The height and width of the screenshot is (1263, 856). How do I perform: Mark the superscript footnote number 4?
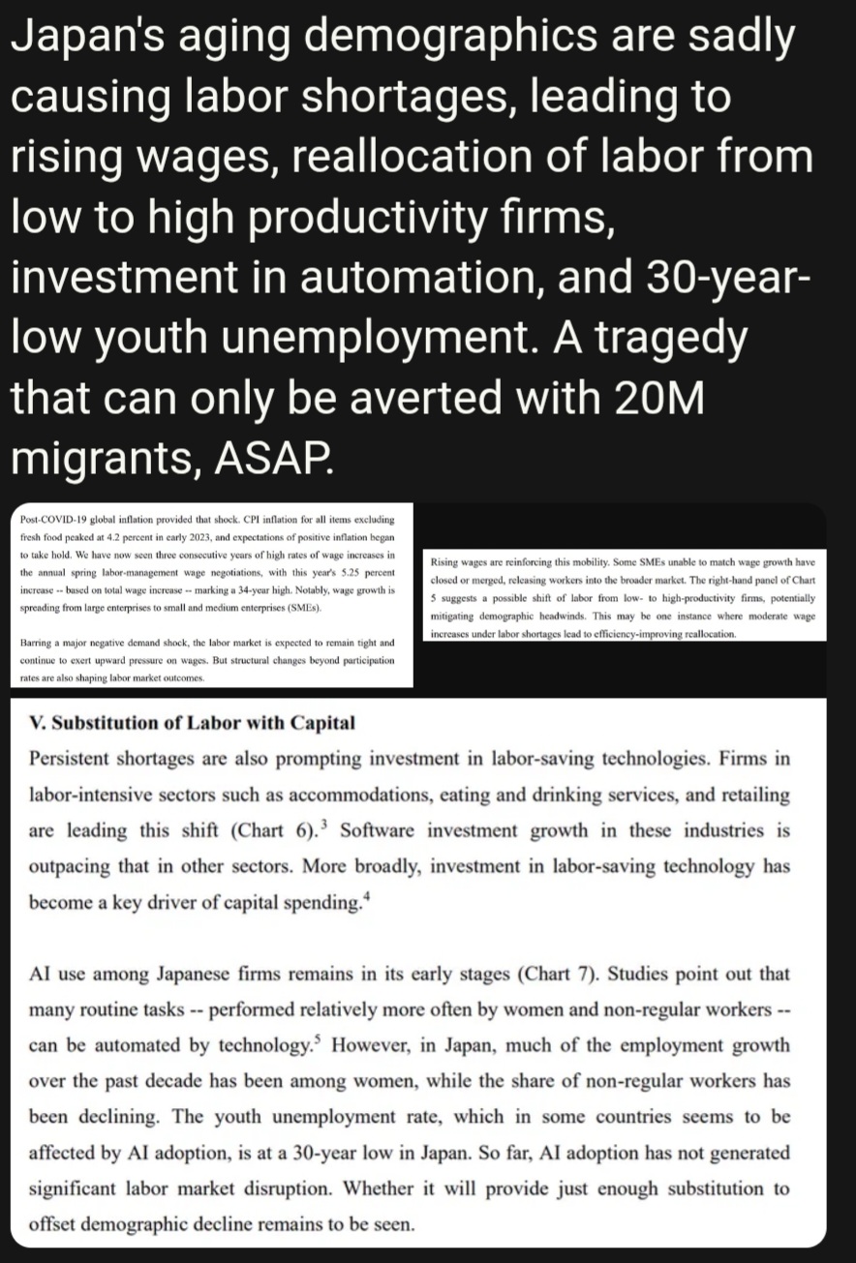point(368,896)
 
